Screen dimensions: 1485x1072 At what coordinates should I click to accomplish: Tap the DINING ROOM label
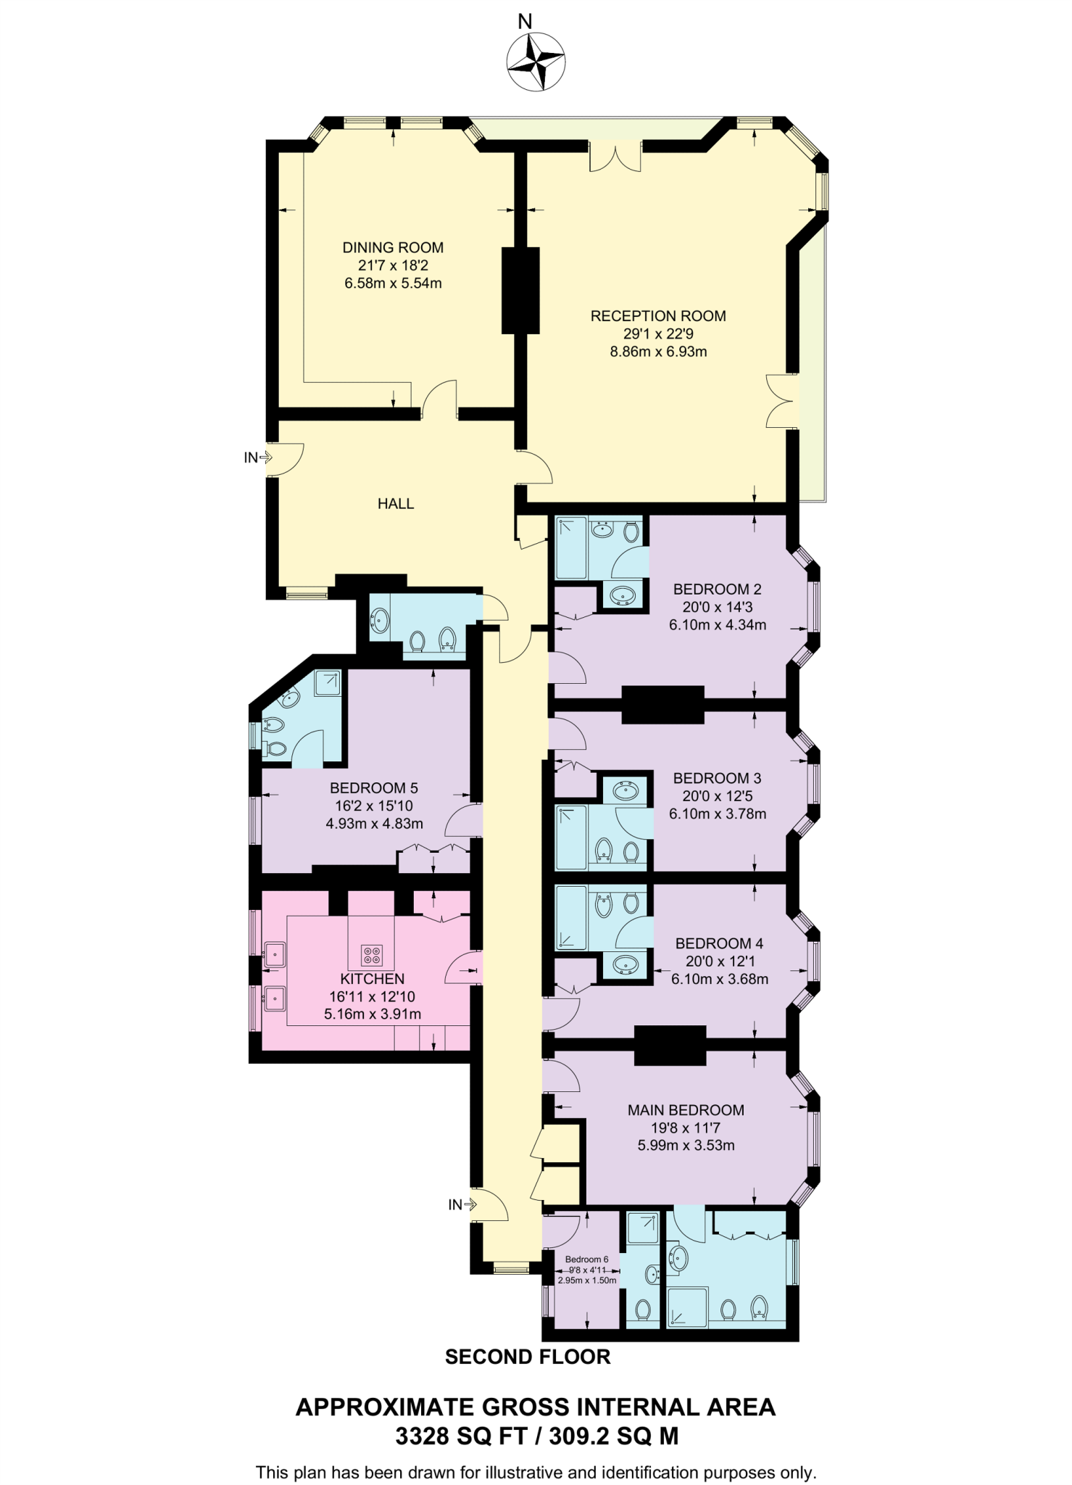click(393, 247)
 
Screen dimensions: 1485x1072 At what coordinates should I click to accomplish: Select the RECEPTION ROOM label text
click(657, 316)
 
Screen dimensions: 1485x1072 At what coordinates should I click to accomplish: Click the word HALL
click(396, 503)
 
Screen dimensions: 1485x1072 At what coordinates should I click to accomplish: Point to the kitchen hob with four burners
click(372, 955)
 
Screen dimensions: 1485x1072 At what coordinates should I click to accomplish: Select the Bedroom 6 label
click(586, 1259)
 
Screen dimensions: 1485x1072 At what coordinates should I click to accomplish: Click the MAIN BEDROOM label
click(686, 1110)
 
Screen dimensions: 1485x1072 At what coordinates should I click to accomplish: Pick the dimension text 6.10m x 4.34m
click(717, 624)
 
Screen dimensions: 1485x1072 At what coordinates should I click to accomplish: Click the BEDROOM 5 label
click(373, 788)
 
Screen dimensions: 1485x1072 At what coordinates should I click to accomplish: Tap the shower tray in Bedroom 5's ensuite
click(328, 683)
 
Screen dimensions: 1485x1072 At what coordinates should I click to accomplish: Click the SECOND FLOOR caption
click(528, 1357)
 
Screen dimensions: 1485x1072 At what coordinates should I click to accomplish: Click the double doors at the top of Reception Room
click(615, 156)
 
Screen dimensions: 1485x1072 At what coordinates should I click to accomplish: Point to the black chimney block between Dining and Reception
click(520, 290)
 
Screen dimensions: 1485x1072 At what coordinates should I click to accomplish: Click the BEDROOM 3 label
click(717, 778)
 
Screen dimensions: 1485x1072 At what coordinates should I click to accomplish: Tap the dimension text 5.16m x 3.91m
click(372, 1014)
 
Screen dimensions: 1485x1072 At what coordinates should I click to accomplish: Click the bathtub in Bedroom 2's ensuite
click(572, 547)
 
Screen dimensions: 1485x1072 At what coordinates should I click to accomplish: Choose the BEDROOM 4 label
click(719, 943)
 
